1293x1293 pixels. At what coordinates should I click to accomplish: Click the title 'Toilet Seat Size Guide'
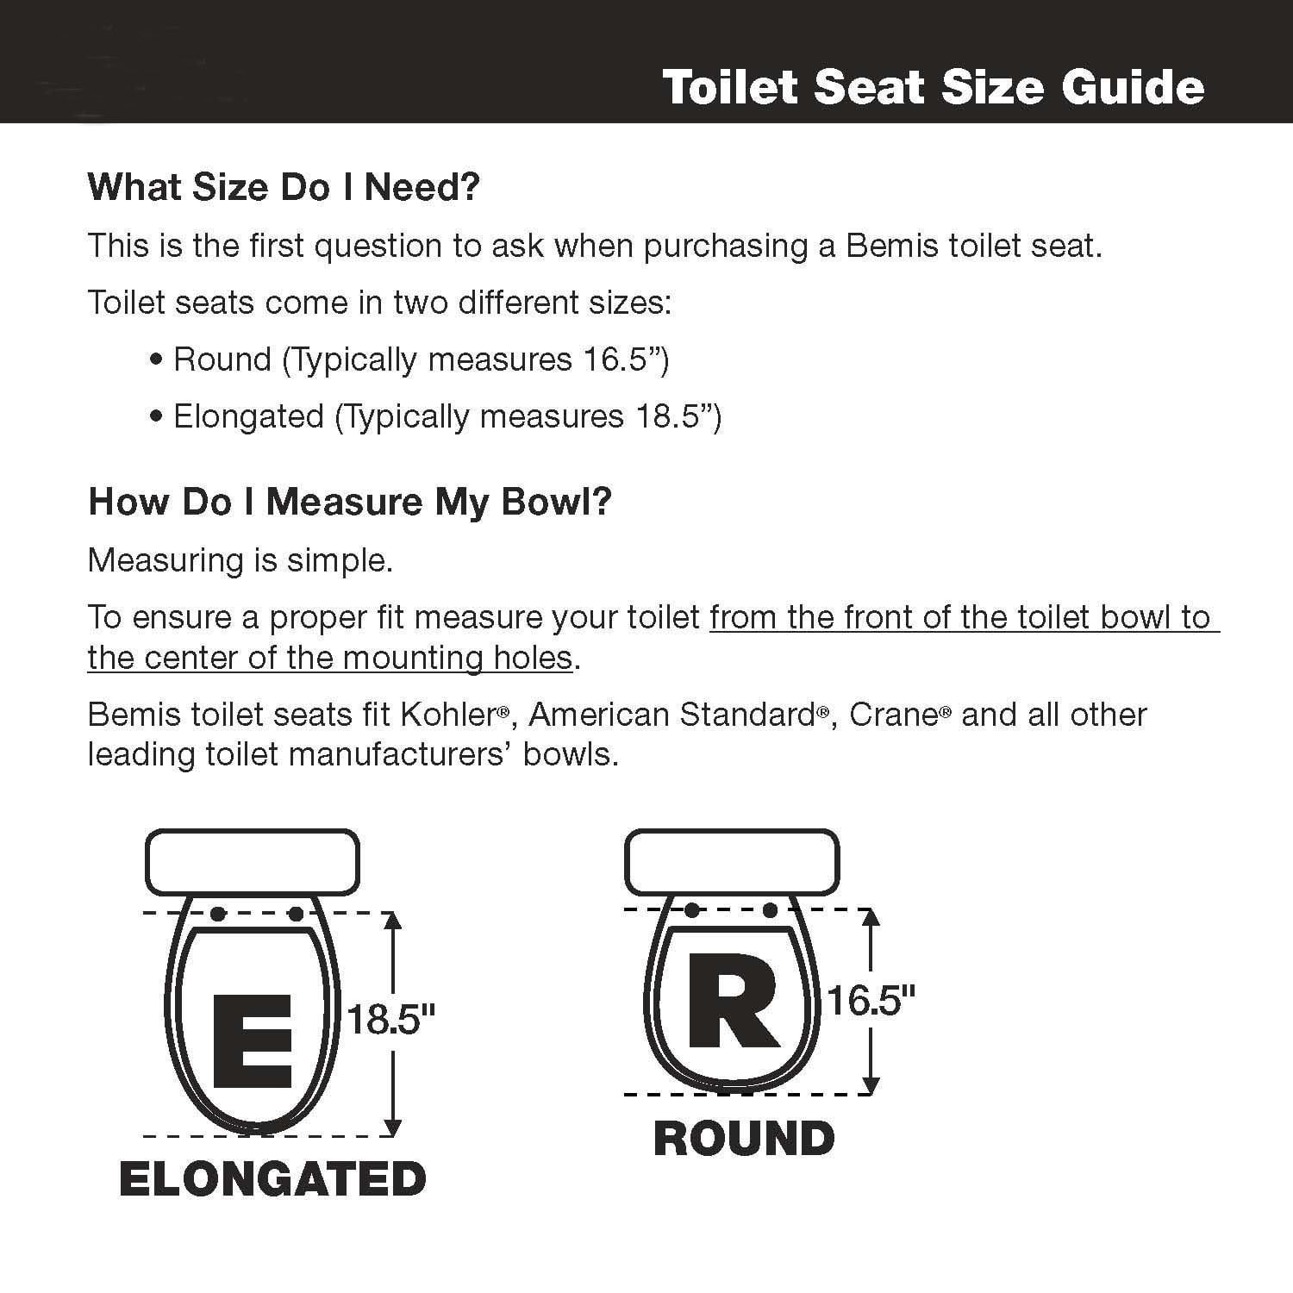click(x=933, y=88)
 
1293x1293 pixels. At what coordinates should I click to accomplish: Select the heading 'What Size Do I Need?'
click(x=284, y=187)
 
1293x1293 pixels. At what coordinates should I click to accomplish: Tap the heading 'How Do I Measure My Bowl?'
click(x=350, y=502)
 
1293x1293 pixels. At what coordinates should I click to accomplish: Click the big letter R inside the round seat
click(x=733, y=1001)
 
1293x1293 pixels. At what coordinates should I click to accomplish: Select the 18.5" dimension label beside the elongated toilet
click(x=390, y=1020)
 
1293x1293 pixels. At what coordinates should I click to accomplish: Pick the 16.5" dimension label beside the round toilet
click(x=871, y=1001)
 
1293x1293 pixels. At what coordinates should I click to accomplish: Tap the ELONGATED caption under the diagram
click(x=272, y=1179)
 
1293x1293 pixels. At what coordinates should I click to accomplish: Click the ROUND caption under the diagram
click(x=744, y=1139)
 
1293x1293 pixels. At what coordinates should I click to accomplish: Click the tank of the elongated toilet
click(x=252, y=862)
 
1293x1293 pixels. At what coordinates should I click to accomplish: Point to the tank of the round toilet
click(x=731, y=862)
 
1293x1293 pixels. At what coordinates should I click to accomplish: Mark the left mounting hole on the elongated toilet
click(x=218, y=914)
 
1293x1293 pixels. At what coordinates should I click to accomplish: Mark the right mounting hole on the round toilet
click(x=771, y=910)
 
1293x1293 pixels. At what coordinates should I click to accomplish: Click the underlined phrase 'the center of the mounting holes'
click(x=330, y=658)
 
